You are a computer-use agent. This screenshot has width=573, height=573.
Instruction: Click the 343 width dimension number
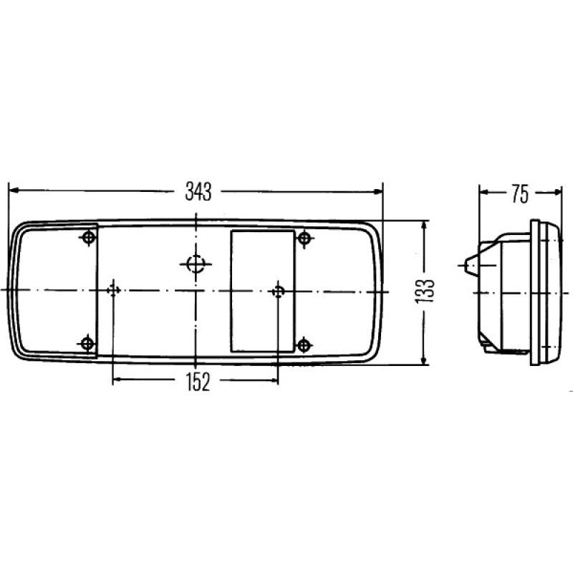coord(198,191)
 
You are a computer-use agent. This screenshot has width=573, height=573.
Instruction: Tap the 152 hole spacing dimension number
coord(198,382)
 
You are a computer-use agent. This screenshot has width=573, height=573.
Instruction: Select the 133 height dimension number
coord(424,291)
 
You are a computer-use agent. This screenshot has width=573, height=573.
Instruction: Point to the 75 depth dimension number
coord(520,194)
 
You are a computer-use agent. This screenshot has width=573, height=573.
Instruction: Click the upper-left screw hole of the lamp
coord(89,238)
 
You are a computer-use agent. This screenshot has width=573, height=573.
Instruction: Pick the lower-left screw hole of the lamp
coord(87,343)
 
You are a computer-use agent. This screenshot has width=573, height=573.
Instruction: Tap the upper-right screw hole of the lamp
coord(304,239)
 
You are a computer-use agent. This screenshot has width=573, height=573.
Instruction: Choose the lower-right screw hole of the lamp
coord(304,345)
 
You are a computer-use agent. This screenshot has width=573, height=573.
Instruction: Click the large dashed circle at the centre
coord(196,264)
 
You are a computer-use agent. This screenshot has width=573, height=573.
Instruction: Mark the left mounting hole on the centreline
coord(113,290)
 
